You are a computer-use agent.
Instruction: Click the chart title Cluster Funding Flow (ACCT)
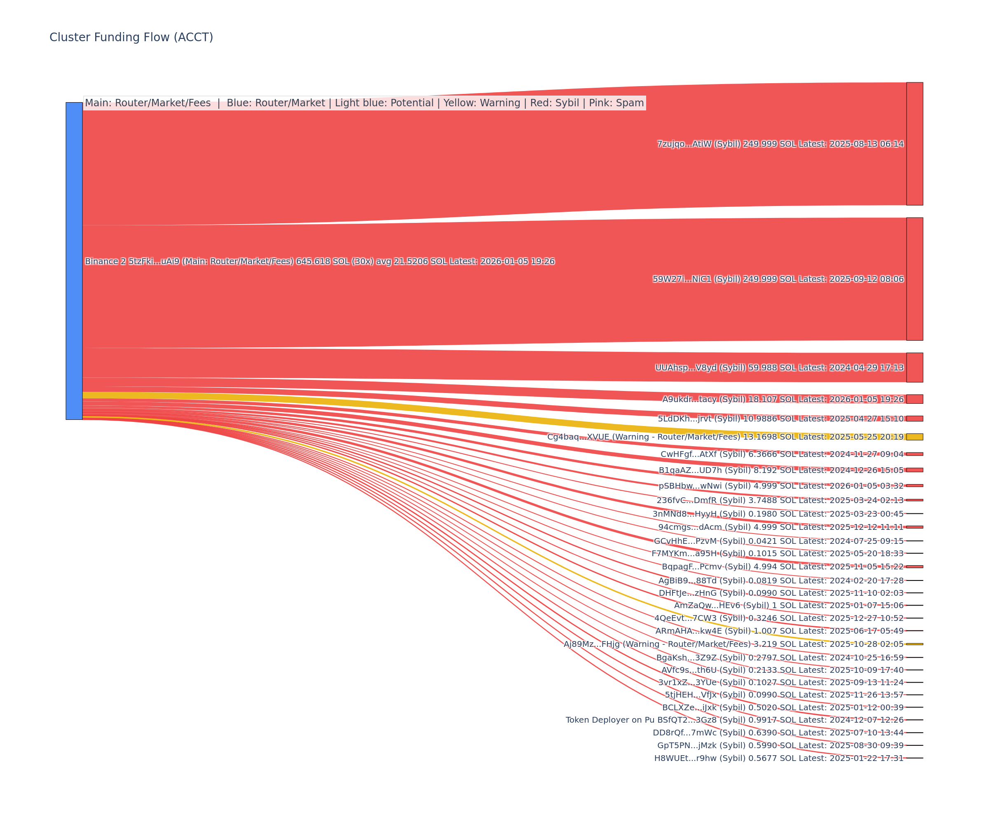tap(131, 37)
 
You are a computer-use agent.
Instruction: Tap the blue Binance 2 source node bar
tap(74, 261)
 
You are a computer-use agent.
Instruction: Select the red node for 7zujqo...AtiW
tap(914, 144)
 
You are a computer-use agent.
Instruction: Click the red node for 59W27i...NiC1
tap(914, 279)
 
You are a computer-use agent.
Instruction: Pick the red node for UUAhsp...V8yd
tap(914, 367)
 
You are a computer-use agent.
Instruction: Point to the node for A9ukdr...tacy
tap(914, 399)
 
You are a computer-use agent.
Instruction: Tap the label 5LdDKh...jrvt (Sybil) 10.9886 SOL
tap(780, 419)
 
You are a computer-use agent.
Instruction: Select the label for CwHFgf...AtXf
tap(782, 454)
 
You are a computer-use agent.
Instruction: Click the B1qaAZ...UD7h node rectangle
tap(914, 470)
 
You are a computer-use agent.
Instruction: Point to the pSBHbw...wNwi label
tap(781, 486)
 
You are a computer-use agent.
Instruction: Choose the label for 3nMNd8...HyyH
tap(778, 514)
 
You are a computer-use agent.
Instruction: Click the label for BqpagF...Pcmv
tap(782, 566)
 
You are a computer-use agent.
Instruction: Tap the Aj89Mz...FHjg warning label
tap(733, 644)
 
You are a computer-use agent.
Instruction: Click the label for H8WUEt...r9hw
tap(778, 758)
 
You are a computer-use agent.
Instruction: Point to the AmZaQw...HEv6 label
tap(788, 606)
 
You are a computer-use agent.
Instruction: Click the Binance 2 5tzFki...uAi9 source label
tap(319, 261)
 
